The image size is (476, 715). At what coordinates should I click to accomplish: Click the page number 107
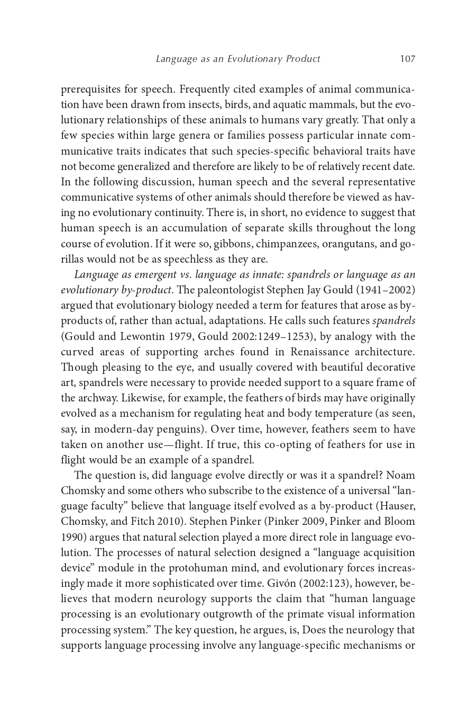click(407, 59)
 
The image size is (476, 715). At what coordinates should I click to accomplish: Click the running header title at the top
click(238, 59)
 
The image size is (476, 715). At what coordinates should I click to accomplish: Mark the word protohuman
click(200, 568)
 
